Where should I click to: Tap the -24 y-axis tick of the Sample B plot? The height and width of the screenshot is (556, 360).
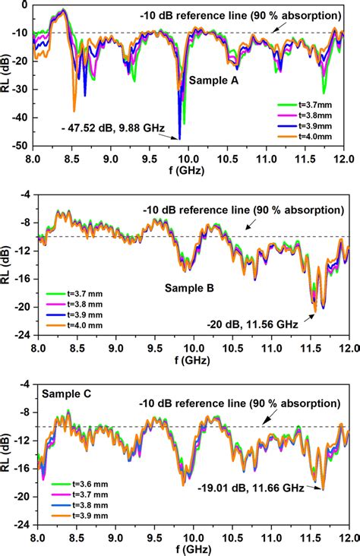(x=22, y=334)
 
